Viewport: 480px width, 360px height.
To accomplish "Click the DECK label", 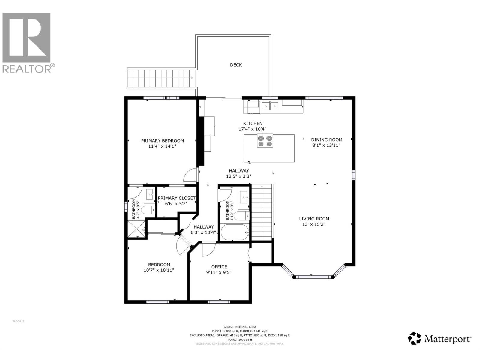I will point(236,65).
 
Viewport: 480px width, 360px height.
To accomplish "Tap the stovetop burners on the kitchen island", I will point(265,141).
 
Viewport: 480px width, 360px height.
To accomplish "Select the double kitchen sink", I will point(270,106).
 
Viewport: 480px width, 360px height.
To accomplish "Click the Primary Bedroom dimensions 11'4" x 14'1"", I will point(162,146).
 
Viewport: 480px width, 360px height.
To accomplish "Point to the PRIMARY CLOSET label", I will point(177,198).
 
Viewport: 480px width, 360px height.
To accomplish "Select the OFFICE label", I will point(219,267).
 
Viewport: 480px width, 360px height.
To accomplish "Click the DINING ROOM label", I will point(326,139).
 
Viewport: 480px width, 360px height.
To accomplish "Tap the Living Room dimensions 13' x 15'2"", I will point(314,224).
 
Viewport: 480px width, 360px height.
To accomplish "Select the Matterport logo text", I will point(448,339).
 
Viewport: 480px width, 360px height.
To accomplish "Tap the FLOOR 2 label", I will point(18,321).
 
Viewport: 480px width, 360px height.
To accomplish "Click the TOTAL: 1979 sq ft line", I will point(240,340).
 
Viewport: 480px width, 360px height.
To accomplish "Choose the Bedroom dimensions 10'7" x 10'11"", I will point(159,270).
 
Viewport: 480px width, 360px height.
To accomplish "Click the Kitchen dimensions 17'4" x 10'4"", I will point(252,129).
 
